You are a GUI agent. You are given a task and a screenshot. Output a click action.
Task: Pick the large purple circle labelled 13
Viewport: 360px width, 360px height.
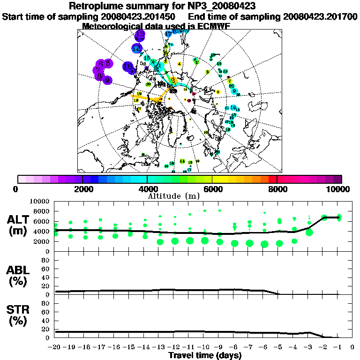(x=140, y=35)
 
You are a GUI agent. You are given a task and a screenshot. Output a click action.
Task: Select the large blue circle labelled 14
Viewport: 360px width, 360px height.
(x=136, y=48)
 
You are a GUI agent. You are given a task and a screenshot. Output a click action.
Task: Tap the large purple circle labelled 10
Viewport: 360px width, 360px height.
(x=127, y=67)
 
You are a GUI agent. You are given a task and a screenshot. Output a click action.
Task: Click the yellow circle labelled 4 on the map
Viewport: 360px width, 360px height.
(x=180, y=64)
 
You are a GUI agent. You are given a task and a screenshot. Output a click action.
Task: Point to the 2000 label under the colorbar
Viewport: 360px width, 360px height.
(x=82, y=189)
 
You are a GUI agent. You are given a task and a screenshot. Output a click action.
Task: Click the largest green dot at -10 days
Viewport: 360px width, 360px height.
(x=204, y=240)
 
